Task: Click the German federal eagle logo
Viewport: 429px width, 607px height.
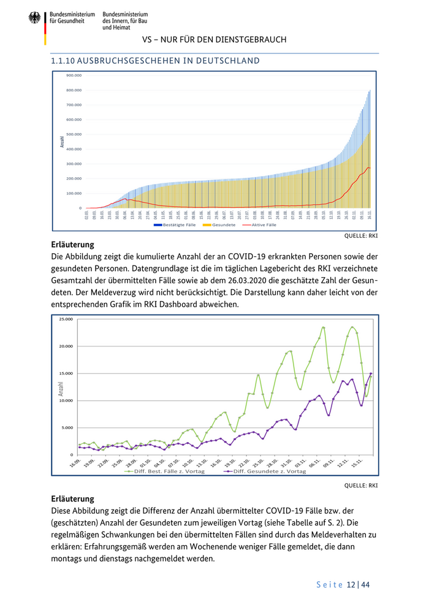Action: tap(34, 18)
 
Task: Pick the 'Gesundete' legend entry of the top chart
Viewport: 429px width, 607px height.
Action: tap(219, 225)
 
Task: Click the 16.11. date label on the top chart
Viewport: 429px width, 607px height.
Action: tap(370, 215)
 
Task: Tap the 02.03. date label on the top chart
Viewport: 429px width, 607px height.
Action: tap(87, 215)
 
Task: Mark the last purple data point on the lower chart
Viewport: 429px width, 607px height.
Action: tap(371, 374)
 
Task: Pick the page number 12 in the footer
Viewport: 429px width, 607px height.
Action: tap(351, 585)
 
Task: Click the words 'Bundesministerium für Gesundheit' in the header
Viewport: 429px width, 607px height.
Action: tap(72, 17)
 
